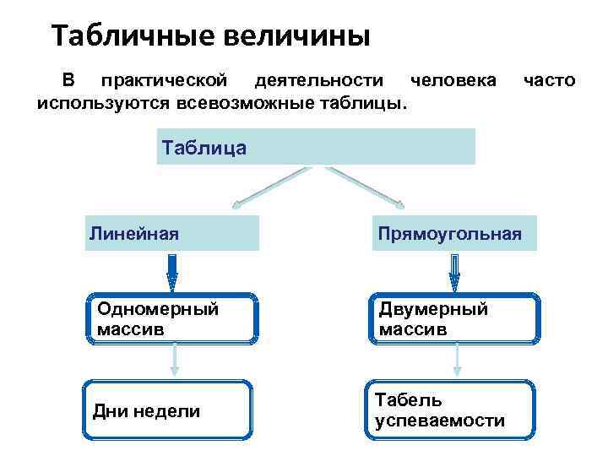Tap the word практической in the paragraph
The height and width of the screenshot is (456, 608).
(x=164, y=81)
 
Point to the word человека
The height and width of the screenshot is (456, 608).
(x=453, y=81)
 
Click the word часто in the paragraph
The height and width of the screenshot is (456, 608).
(x=550, y=81)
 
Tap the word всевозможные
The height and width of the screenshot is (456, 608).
(x=252, y=105)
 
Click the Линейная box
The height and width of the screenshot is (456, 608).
(x=172, y=232)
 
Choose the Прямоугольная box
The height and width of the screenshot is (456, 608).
(x=453, y=232)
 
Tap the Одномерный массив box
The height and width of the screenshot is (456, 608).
(x=172, y=318)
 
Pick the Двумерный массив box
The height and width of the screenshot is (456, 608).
(x=453, y=318)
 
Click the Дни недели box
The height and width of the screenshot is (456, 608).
(x=168, y=410)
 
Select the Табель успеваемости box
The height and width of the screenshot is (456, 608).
(x=452, y=410)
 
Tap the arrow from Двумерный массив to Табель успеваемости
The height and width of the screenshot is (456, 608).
(x=456, y=361)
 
